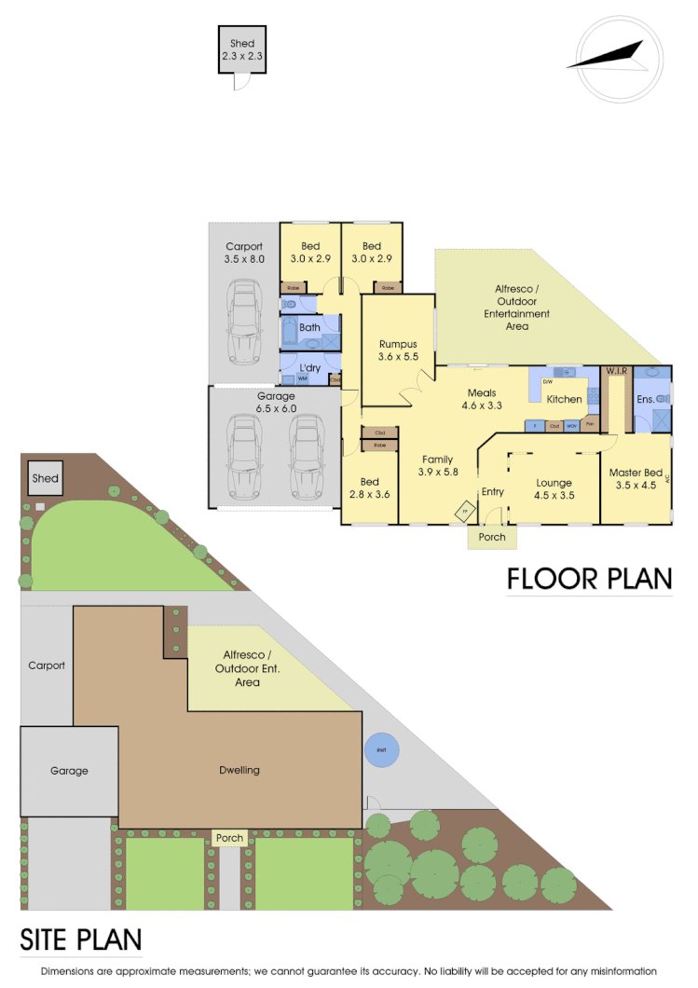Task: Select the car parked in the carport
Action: tap(244, 323)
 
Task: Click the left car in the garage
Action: tap(243, 460)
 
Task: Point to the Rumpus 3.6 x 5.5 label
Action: tap(398, 350)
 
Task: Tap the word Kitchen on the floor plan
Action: tap(564, 399)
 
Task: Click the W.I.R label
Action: tap(617, 371)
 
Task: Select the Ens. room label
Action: tap(644, 399)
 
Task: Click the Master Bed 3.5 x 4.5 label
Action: tap(634, 479)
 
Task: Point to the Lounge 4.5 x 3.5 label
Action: tap(554, 489)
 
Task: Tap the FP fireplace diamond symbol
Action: tap(464, 511)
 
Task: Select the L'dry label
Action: tap(309, 366)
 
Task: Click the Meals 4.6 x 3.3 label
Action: tap(482, 399)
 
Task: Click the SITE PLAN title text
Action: tap(81, 938)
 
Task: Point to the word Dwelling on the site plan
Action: tap(240, 770)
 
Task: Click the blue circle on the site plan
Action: tap(381, 750)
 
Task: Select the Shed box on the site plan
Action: tap(45, 478)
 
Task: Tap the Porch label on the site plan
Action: tap(229, 838)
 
